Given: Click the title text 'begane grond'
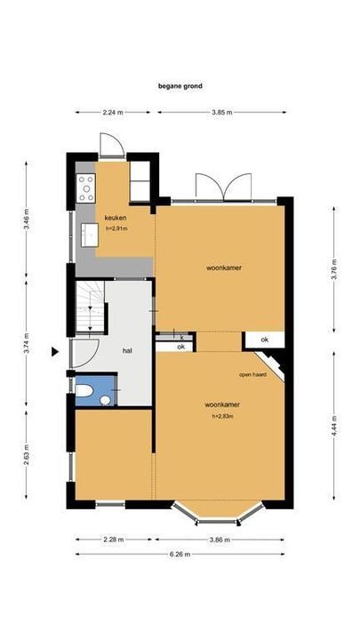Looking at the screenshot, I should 181,86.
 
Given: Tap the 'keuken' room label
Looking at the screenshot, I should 116,218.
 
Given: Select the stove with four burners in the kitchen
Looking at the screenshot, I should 86,184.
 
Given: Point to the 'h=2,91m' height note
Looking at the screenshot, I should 116,228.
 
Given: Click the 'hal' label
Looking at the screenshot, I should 128,350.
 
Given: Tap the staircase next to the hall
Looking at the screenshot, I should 89,306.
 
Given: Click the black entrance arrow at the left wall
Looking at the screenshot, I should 55,352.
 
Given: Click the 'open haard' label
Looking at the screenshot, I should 252,374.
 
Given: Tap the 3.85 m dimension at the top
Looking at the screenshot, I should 222,112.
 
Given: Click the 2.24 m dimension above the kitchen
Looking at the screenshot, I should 113,112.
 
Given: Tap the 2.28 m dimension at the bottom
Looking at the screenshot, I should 114,539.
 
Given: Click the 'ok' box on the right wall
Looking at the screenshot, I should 264,340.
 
